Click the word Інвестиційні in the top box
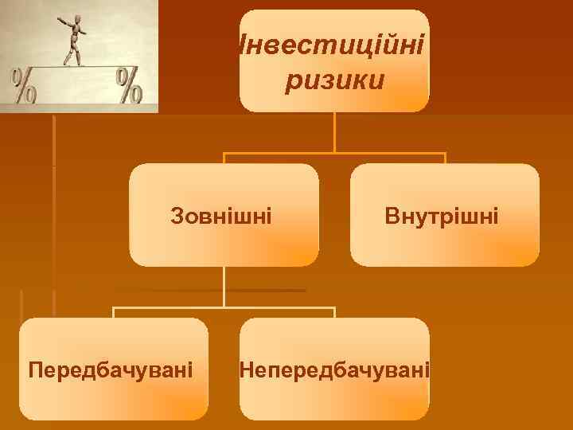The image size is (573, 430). [x=333, y=45]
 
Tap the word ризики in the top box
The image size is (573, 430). [x=334, y=80]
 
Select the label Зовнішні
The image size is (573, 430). [x=221, y=215]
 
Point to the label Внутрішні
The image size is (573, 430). [x=442, y=215]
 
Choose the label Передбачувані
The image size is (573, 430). [x=110, y=369]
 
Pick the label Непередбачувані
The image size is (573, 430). [x=334, y=369]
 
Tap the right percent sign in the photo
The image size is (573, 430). [x=129, y=85]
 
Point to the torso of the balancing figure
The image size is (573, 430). [x=76, y=37]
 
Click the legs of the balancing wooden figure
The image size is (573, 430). [x=74, y=56]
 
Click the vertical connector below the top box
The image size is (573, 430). [x=334, y=131]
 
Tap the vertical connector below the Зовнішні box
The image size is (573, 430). [x=224, y=287]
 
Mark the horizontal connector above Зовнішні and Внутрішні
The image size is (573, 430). [x=334, y=153]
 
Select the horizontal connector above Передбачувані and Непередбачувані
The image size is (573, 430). [x=224, y=307]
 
